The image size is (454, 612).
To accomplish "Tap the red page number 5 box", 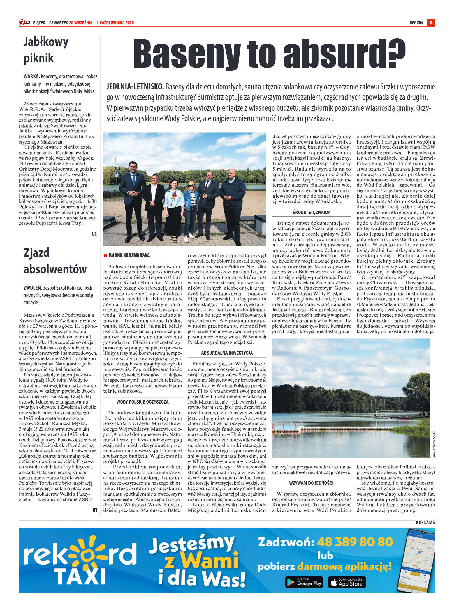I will (431, 23).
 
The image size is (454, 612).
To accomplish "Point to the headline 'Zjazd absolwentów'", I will (55, 261).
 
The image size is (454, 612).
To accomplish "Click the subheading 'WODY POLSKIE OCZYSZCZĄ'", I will (142, 402).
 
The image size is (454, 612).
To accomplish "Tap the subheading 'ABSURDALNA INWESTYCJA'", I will (227, 353).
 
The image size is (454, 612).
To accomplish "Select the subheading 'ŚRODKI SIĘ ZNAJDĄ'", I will (312, 212).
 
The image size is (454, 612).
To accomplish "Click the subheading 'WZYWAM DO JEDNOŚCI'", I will (311, 483).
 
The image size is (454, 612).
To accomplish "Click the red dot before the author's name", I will (105, 255).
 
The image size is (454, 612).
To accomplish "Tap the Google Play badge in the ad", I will (304, 582).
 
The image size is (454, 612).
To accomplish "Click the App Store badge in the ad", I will (347, 582).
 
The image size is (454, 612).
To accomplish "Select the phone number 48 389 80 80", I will (355, 542).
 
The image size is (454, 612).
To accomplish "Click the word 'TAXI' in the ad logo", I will (80, 576).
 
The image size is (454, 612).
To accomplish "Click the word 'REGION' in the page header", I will (416, 23).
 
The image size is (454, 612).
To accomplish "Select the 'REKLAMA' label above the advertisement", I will (425, 523).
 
